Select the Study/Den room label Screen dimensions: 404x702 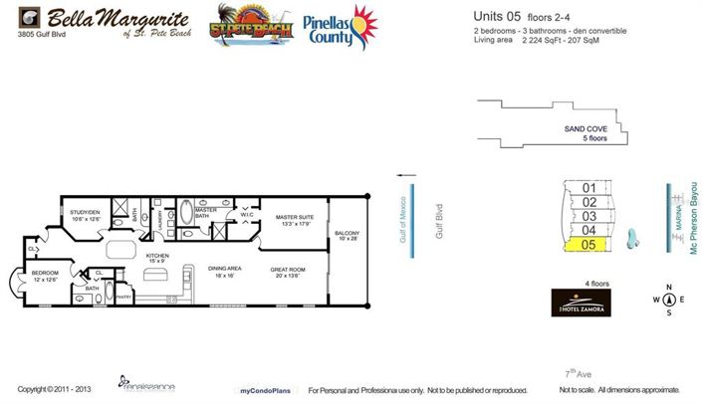pos(85,216)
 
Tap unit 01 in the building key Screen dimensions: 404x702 pos(588,188)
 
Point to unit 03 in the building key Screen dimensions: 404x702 pos(588,216)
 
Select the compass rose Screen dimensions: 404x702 pos(669,300)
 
